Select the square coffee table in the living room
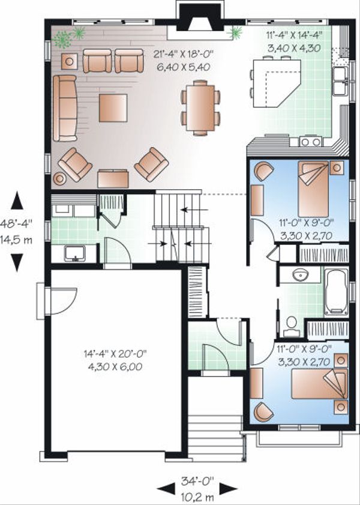pyautogui.click(x=113, y=107)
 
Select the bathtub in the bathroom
pyautogui.click(x=336, y=291)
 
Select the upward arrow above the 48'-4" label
pyautogui.click(x=17, y=202)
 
